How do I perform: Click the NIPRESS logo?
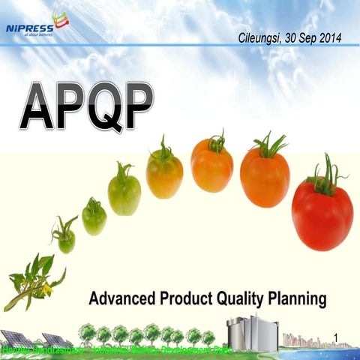[x=36, y=28]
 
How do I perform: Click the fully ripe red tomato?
[x=322, y=214]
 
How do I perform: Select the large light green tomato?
[x=124, y=192]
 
